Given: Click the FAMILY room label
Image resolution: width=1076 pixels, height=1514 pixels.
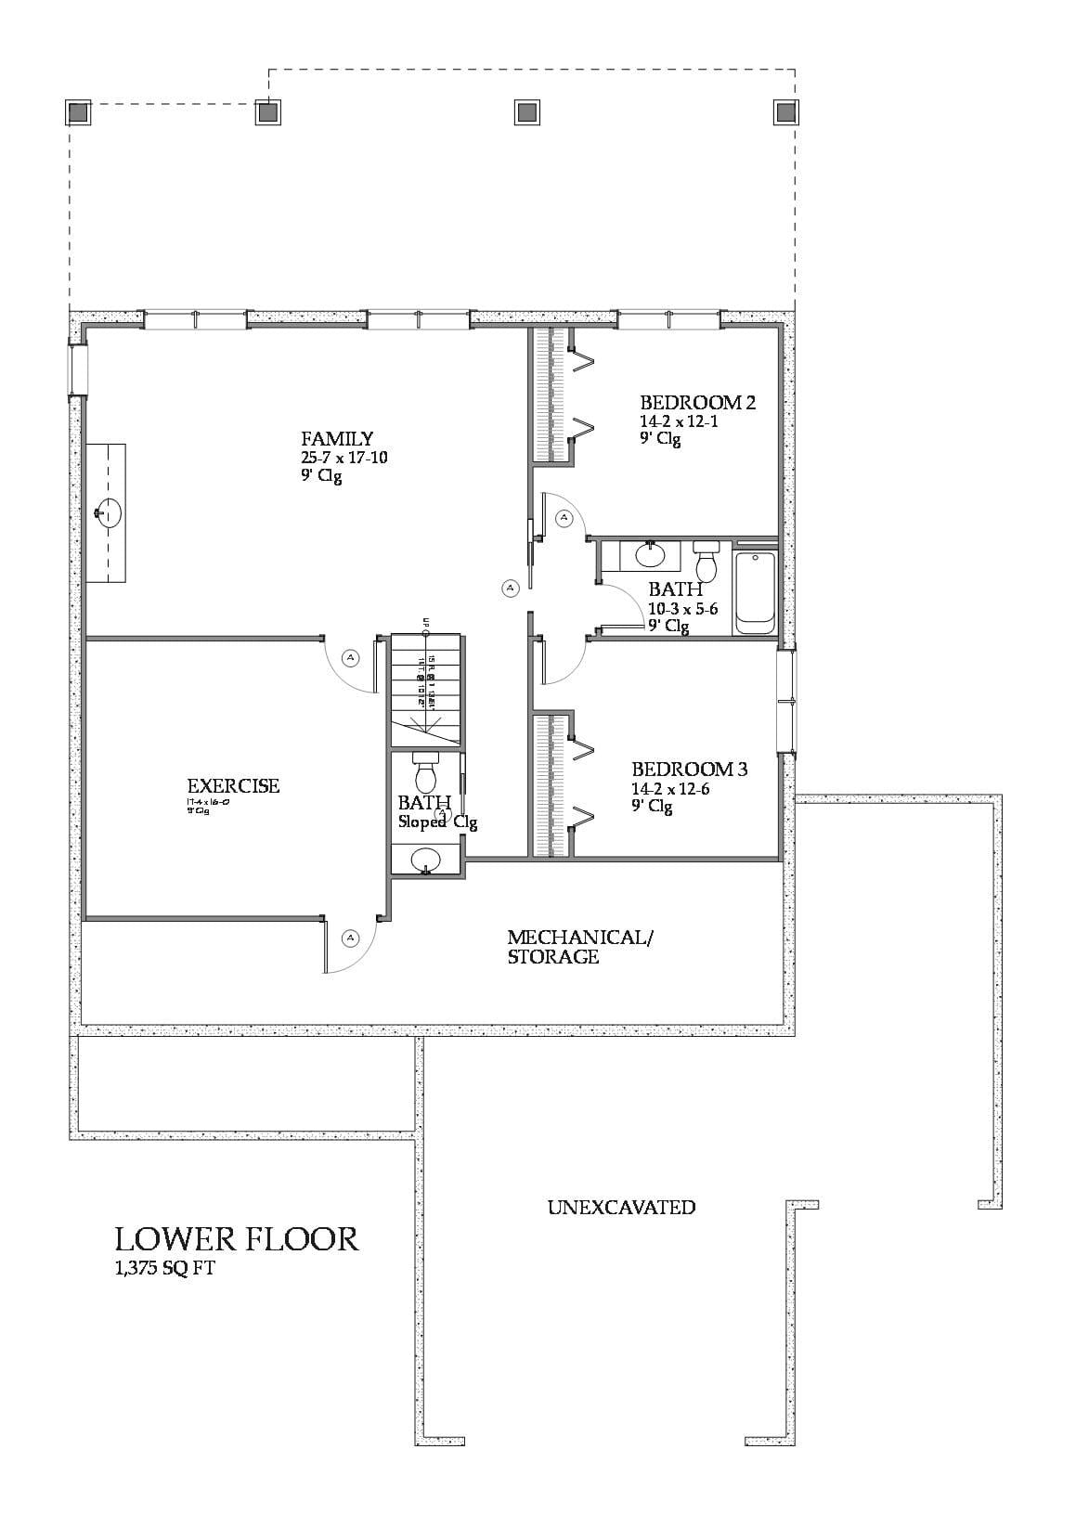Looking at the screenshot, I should coord(336,438).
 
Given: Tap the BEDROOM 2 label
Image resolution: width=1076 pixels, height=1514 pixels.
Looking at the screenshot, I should coord(697,402).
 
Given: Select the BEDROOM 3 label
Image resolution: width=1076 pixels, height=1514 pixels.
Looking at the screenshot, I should coord(689,769).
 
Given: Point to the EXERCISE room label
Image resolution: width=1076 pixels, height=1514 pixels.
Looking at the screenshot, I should coord(232,785).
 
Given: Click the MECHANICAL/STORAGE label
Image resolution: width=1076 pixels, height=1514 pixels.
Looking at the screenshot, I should coord(579,947).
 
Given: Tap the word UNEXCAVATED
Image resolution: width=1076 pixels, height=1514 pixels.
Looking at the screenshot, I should coord(620,1207).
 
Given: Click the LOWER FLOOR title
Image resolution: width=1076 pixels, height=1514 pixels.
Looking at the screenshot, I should coord(236,1238).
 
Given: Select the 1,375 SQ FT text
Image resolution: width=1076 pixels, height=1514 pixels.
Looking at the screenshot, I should coord(164,1268).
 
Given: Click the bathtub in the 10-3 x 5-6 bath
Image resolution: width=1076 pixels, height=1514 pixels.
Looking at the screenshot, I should coord(755,592).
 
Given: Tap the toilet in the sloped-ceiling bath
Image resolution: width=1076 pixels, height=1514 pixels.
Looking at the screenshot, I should coord(425,770).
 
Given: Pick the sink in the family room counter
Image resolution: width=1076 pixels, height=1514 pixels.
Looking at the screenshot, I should coord(109,512).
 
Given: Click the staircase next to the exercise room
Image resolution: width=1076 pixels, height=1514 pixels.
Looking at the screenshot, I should coord(425,687).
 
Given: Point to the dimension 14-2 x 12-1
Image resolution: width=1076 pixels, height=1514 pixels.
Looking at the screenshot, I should coord(679,421).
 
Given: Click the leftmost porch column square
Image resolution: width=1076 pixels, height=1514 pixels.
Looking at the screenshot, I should coord(78,112).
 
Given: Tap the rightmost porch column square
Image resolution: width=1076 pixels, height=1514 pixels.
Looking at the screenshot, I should coord(785,111).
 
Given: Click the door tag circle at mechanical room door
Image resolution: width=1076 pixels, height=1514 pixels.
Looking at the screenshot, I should coord(350,938).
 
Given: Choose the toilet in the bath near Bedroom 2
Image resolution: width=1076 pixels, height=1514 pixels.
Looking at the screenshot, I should coord(707,562).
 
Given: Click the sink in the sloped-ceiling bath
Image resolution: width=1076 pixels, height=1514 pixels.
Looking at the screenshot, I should coord(426,858).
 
